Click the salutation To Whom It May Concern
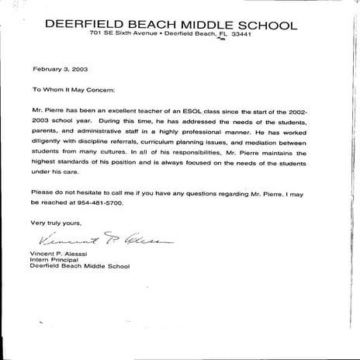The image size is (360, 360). [x=74, y=89]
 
